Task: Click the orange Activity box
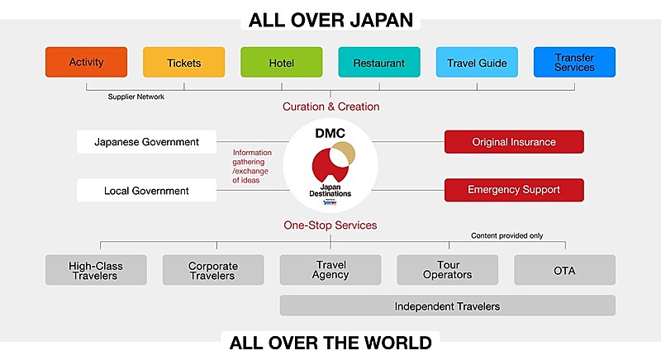[86, 62]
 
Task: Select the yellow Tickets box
[183, 62]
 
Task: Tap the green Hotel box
[282, 62]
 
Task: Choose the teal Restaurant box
[379, 62]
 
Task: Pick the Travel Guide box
[477, 62]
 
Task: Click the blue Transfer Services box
[574, 62]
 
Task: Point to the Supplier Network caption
[136, 97]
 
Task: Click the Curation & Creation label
[331, 107]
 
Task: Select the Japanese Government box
[147, 142]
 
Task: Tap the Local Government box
[147, 190]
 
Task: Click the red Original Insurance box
[514, 142]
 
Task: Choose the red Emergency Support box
[514, 190]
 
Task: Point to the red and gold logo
[333, 162]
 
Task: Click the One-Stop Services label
[330, 225]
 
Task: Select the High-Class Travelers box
[96, 270]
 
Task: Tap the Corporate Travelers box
[213, 270]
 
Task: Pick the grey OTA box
[565, 270]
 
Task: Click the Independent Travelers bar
[448, 306]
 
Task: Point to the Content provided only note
[506, 236]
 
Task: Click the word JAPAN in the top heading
[382, 20]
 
